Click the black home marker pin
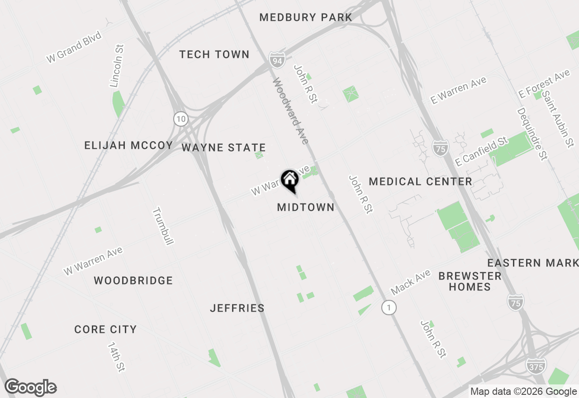(289, 180)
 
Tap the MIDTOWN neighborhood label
(306, 207)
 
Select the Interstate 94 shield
(276, 59)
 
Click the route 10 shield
(181, 119)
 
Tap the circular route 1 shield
(389, 308)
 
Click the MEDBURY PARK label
(306, 18)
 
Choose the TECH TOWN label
(214, 55)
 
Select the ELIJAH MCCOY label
(129, 146)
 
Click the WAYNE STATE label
(223, 148)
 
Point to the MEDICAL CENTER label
(421, 182)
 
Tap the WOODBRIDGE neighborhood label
(133, 281)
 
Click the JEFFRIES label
(237, 308)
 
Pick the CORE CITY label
(105, 330)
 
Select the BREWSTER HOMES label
(470, 281)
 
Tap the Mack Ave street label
(411, 283)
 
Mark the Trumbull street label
(163, 226)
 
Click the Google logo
(31, 387)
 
